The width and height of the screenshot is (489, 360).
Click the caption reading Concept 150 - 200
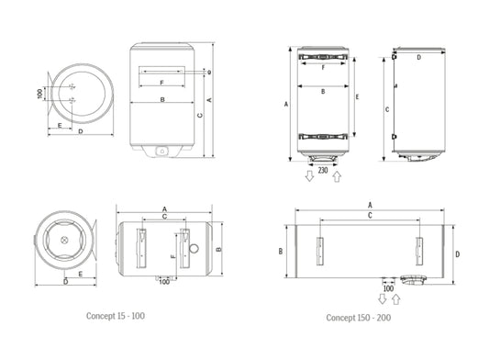coord(358,318)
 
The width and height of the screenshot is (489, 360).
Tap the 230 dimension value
coord(322,170)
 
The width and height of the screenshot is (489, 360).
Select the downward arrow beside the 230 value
coord(309,175)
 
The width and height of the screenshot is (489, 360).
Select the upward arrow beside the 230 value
coord(336,174)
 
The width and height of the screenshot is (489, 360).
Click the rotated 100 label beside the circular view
coord(40,94)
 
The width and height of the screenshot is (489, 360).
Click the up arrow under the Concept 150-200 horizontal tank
coord(395,298)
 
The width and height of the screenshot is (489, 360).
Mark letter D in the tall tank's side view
coord(418,57)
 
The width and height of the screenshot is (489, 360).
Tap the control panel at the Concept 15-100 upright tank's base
coord(161,150)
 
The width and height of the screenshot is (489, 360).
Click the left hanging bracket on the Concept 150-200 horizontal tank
coord(320,250)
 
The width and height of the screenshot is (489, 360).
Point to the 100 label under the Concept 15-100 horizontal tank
coord(162,281)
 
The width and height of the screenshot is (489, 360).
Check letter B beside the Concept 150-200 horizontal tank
coord(280,251)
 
